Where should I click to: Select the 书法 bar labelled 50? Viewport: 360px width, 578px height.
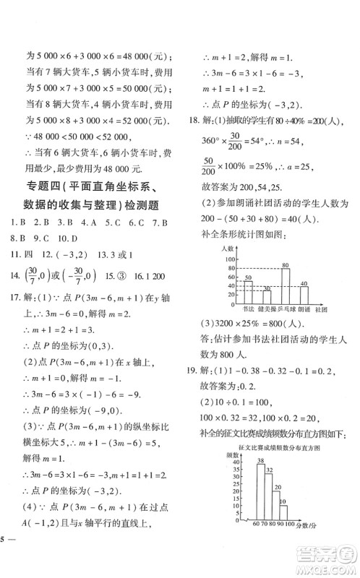(247, 292)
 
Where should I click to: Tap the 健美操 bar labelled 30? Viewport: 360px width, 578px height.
(266, 296)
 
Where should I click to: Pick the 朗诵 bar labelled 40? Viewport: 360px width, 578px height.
(304, 295)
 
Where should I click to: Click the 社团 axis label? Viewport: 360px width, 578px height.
(322, 309)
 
